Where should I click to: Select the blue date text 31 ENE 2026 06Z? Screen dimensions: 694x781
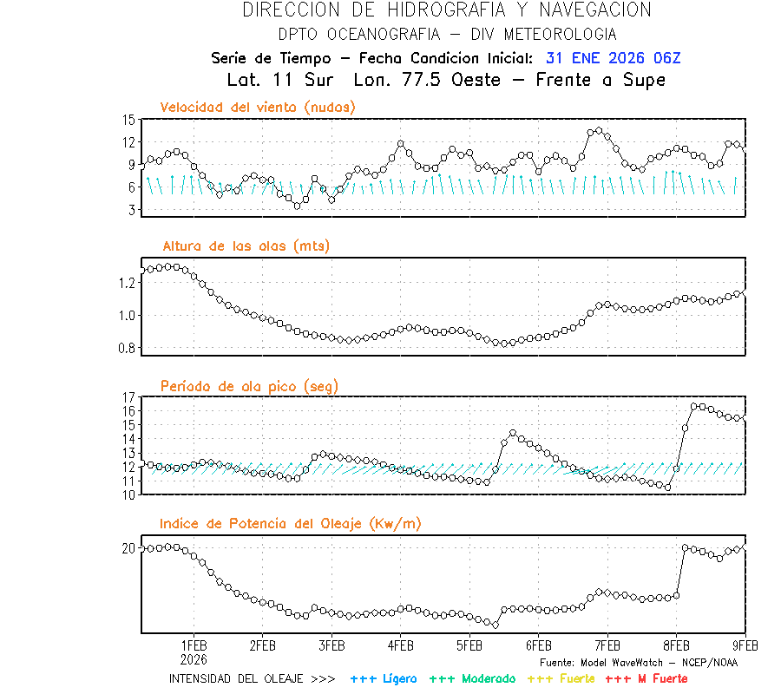(614, 59)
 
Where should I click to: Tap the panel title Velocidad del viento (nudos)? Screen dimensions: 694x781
(258, 108)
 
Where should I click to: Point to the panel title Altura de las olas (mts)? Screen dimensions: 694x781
(246, 246)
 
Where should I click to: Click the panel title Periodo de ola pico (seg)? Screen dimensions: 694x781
(249, 386)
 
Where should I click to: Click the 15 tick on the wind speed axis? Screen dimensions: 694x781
(128, 120)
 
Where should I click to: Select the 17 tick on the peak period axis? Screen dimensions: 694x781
(128, 397)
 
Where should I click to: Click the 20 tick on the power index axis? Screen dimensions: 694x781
(128, 548)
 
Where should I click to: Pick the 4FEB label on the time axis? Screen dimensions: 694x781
(400, 646)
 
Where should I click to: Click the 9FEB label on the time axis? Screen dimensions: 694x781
(745, 646)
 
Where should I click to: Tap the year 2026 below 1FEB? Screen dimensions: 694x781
(194, 658)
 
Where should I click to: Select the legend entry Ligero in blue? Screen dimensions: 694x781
(397, 678)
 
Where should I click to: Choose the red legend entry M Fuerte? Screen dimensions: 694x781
(659, 678)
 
